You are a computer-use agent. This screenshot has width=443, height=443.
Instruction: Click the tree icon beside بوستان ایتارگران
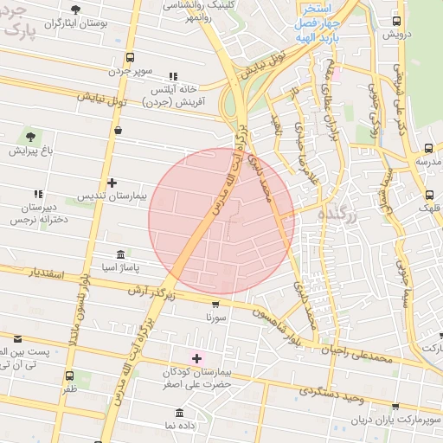75,10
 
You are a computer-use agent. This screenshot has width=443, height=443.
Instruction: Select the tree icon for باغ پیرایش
31,137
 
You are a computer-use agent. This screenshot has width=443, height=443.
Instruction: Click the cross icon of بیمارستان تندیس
112,183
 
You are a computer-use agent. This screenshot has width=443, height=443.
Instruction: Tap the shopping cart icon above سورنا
215,304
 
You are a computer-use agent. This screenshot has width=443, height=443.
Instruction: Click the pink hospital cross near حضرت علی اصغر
196,357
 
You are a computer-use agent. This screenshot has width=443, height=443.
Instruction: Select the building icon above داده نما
179,413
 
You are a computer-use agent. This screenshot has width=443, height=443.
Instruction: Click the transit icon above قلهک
430,195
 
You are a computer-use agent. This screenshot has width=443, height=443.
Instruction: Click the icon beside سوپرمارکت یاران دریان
395,406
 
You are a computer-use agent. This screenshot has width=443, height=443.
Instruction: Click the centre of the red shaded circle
221,221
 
